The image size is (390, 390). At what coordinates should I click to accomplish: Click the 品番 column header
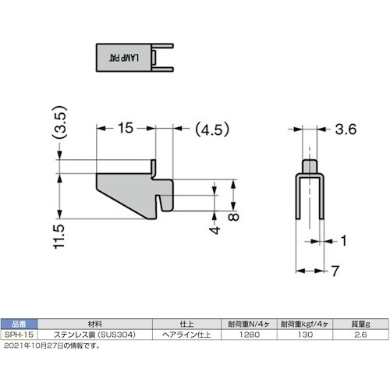pyautogui.click(x=17, y=321)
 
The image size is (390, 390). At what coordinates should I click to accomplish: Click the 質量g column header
pyautogui.click(x=360, y=321)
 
